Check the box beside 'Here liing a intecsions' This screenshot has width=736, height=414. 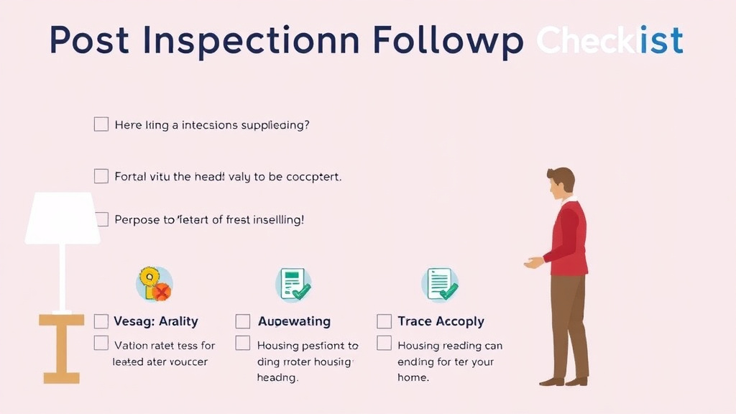[101, 124]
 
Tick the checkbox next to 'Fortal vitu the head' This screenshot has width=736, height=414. [101, 176]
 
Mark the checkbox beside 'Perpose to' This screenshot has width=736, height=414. [101, 219]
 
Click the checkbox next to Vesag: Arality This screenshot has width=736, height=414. [101, 321]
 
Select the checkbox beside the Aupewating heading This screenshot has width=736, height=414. [243, 321]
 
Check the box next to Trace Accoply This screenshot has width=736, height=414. [385, 321]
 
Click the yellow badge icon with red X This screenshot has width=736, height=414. [155, 284]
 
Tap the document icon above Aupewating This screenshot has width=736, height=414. [293, 284]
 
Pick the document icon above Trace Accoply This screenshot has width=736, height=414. [440, 284]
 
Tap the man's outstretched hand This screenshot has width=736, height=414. [532, 263]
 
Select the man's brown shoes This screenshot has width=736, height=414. [564, 380]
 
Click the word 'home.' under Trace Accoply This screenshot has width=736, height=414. [413, 377]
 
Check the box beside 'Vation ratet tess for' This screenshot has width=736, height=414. [101, 344]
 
